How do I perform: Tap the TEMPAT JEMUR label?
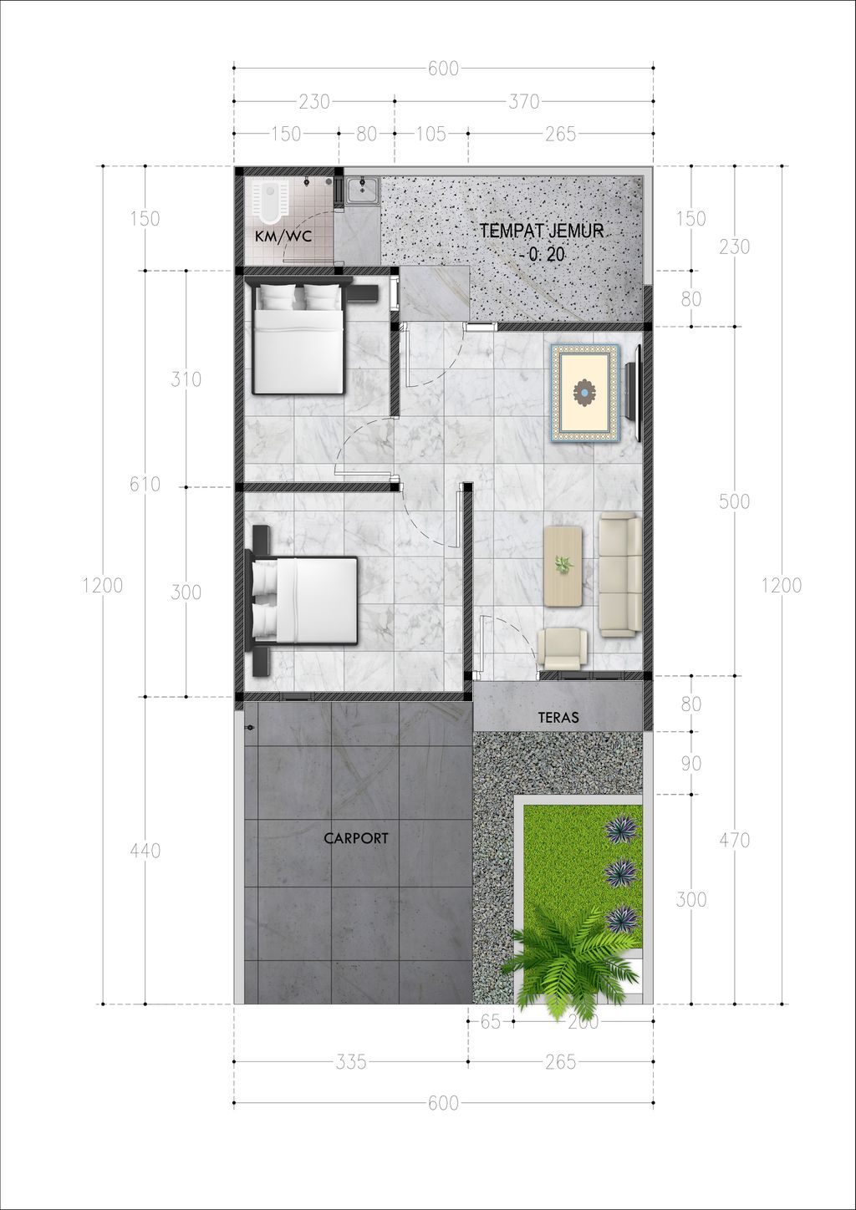pos(542,231)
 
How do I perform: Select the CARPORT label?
pos(355,838)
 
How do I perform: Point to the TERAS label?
pos(558,717)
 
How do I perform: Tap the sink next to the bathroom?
pos(362,191)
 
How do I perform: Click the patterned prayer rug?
pos(584,394)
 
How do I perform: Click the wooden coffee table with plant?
pos(563,566)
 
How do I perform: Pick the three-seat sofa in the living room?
pos(620,576)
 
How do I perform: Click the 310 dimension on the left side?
pos(186,379)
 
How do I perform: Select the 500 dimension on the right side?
pos(735,502)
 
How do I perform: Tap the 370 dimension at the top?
pos(524,102)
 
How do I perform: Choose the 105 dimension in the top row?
pos(431,134)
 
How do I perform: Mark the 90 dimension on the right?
pos(691,763)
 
